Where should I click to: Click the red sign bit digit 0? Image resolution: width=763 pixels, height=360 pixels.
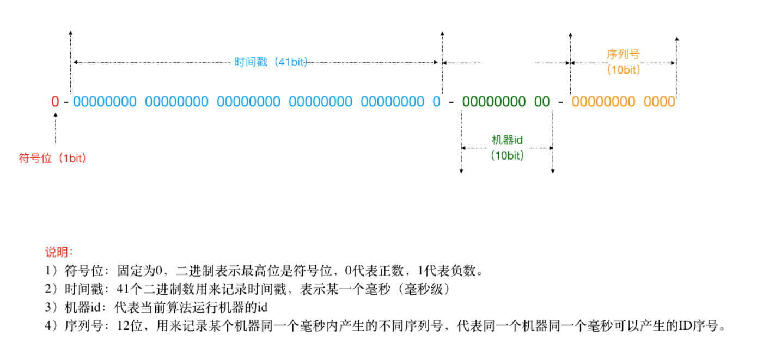coord(55,101)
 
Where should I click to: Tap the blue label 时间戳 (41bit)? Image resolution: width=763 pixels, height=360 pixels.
coord(271,62)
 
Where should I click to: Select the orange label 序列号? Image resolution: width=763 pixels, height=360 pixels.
coord(623,54)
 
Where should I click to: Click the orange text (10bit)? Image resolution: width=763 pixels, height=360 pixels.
coord(624,70)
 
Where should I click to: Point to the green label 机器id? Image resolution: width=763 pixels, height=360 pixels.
coord(507,140)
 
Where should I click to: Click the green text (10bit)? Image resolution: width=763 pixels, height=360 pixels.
coord(507,156)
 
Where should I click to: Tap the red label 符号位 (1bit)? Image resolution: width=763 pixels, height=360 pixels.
coord(52,158)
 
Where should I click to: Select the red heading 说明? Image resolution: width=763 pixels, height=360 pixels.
coord(59,252)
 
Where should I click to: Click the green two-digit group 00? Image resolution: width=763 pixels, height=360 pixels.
coord(542,101)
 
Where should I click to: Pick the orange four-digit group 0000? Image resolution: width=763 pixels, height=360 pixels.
coord(660,101)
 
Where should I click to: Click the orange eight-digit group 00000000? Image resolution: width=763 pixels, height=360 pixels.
coord(603,101)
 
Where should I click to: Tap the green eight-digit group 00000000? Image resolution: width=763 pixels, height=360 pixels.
coord(494,101)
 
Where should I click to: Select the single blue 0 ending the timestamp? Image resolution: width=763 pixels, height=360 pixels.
coord(436,101)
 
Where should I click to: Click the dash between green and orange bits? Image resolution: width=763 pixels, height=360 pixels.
coord(560,102)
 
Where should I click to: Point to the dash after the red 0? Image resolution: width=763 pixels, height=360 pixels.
coord(66,102)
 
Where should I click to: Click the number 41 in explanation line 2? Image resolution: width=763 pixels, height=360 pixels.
coord(123,289)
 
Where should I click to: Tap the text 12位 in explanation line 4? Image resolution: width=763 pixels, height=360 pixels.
coord(130,326)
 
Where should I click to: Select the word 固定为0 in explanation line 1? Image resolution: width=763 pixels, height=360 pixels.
coord(139,271)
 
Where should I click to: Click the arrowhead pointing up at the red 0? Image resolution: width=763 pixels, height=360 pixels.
coord(56,115)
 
